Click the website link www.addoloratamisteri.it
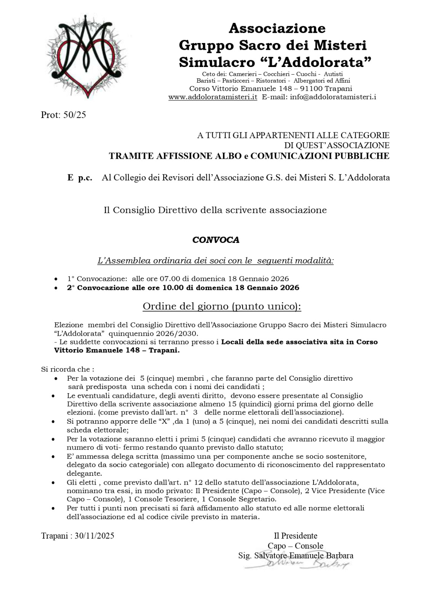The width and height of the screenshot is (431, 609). [213, 97]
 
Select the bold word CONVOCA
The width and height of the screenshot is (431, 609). [216, 240]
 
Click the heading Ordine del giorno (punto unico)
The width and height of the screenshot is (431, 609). [222, 306]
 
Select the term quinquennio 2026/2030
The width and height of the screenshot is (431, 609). [153, 333]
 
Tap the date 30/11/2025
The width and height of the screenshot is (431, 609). [95, 536]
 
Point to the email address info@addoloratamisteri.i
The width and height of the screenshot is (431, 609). [333, 97]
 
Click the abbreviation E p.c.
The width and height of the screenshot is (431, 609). [80, 178]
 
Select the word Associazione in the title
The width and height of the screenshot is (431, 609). [277, 29]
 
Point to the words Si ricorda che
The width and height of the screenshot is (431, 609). [67, 369]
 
